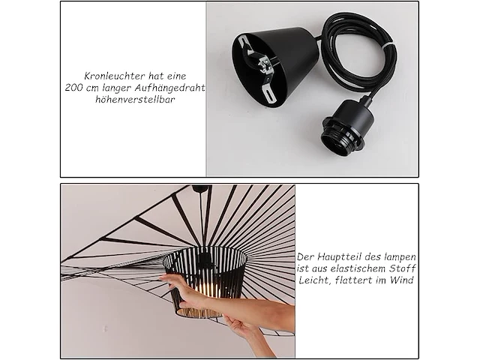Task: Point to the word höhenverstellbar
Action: coord(133,100)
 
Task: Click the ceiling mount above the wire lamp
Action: coord(199,188)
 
